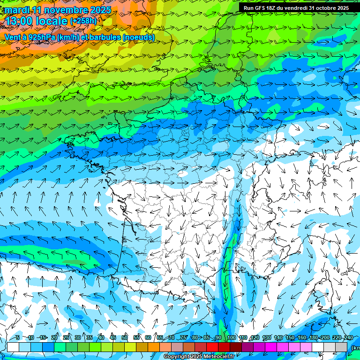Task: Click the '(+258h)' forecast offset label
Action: coord(83,21)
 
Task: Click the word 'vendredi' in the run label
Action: coord(294,8)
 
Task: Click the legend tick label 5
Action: coord(17,338)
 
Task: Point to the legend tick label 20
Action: coord(54,338)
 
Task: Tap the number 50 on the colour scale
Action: coord(125,338)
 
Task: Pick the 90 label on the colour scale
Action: coord(218,338)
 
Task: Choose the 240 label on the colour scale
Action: coord(348,338)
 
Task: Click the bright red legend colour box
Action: coord(212,347)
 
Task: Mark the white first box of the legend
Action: coord(13,347)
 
